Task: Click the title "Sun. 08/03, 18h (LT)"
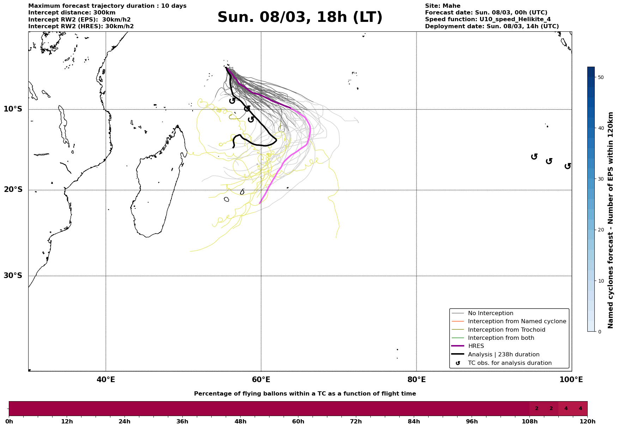[300, 17]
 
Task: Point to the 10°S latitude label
[13, 109]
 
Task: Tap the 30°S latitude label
[13, 276]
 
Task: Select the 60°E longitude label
[261, 380]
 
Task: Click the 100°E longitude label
[571, 380]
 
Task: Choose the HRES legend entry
[476, 346]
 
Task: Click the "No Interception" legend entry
[490, 313]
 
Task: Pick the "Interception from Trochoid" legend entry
[506, 330]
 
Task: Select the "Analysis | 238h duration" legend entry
[503, 355]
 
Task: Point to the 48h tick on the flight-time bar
[240, 421]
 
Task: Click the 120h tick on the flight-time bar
[587, 421]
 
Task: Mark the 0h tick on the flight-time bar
[9, 421]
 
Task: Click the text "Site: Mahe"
[442, 6]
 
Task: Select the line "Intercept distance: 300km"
[72, 13]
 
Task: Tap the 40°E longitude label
[106, 380]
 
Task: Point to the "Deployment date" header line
[492, 26]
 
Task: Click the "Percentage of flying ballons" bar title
[305, 394]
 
